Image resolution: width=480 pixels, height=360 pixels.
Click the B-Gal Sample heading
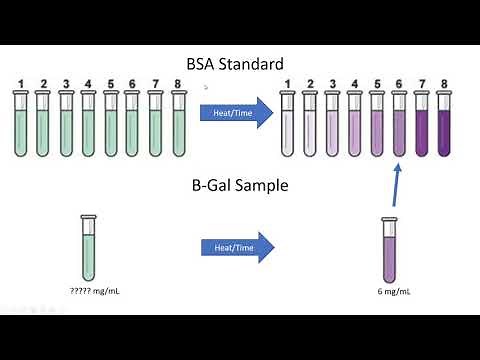[240, 186]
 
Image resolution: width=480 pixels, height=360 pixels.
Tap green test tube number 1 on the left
[20, 125]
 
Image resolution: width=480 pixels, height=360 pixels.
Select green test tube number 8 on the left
[179, 125]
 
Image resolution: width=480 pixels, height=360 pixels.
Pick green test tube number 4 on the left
[88, 125]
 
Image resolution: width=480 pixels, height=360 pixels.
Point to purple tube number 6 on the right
[399, 125]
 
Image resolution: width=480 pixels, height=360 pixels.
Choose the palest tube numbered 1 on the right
[288, 125]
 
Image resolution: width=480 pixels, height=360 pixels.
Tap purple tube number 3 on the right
[332, 125]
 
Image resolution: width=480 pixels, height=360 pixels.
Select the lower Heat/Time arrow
[236, 248]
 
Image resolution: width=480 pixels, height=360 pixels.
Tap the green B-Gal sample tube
[89, 247]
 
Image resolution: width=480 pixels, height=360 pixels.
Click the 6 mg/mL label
[394, 293]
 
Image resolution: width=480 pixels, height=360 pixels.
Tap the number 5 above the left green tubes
[111, 83]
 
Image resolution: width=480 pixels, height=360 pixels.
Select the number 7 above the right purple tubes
[421, 84]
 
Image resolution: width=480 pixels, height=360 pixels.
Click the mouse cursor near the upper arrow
[205, 87]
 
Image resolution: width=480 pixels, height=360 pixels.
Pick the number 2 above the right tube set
[310, 84]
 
